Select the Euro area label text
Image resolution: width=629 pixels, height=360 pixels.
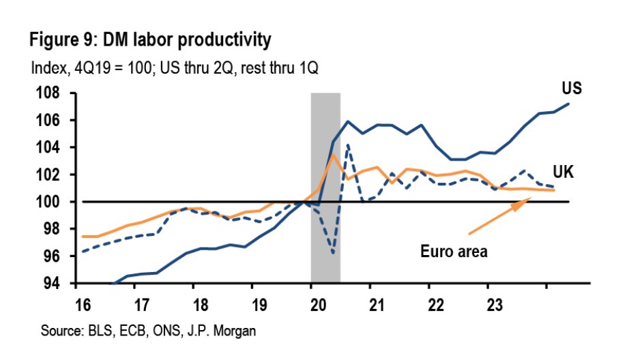(454, 252)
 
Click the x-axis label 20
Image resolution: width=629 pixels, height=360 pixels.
(312, 301)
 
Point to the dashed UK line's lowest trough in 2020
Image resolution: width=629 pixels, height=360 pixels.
(333, 253)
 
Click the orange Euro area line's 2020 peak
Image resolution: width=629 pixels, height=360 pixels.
(333, 155)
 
